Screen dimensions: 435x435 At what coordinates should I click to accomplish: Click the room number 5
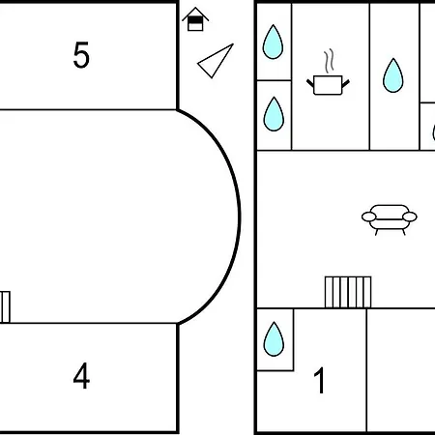[x=81, y=55]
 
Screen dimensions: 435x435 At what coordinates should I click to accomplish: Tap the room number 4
[x=81, y=375]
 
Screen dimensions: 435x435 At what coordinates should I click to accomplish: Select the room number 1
[x=319, y=380]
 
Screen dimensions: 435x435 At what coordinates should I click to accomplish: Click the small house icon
[x=195, y=19]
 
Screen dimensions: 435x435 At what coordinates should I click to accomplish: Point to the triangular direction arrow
[x=216, y=61]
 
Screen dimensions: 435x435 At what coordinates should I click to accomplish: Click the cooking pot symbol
[x=328, y=85]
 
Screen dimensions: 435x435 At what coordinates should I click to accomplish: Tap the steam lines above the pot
[x=329, y=61]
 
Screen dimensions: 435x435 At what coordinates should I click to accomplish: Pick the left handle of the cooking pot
[x=310, y=83]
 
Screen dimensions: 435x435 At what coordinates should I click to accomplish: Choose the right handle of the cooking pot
[x=345, y=83]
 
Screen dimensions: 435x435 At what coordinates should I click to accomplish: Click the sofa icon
[x=390, y=219]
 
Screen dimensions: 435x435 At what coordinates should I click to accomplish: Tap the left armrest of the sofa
[x=369, y=217]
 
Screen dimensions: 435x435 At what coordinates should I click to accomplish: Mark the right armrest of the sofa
[x=410, y=217]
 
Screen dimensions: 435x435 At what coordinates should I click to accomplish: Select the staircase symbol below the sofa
[x=348, y=292]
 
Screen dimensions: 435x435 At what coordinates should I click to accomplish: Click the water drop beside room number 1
[x=274, y=339]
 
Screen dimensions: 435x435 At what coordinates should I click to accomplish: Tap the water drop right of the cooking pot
[x=393, y=75]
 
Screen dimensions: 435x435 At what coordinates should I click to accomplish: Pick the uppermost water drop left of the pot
[x=273, y=42]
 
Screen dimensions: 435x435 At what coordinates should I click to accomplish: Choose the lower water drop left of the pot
[x=274, y=114]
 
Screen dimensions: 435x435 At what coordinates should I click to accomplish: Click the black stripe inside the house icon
[x=195, y=20]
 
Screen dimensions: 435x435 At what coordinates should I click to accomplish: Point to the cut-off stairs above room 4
[x=5, y=306]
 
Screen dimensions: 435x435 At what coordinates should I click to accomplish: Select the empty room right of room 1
[x=401, y=370]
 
